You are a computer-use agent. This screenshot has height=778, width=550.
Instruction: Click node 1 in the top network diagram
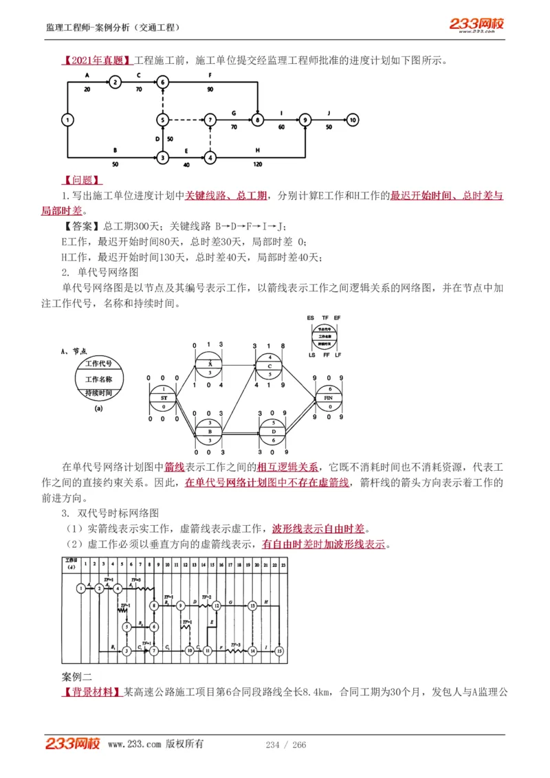(67, 120)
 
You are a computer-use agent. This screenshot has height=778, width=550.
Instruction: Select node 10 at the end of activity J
(353, 120)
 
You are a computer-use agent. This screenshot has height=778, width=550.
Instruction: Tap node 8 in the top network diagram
(257, 120)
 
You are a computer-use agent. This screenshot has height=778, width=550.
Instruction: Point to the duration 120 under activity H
(257, 165)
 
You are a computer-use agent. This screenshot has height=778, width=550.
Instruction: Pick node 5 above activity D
(162, 120)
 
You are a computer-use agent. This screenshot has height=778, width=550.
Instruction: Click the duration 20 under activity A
(87, 89)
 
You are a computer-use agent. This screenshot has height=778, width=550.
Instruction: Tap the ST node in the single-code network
(164, 397)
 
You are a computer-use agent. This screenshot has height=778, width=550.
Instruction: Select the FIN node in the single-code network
(329, 397)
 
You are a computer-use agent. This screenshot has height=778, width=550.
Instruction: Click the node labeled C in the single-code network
(270, 366)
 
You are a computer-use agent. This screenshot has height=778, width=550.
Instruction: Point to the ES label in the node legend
(311, 318)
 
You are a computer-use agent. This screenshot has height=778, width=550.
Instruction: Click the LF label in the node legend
(339, 355)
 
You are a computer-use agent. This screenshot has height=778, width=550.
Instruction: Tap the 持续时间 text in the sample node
(103, 393)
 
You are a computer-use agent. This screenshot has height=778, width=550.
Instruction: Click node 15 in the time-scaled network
(279, 650)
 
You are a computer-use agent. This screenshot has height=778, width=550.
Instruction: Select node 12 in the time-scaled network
(216, 605)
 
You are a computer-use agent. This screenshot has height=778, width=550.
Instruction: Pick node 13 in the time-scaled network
(252, 605)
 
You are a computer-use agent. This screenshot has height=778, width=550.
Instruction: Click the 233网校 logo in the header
(476, 25)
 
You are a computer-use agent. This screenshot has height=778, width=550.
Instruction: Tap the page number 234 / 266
(285, 745)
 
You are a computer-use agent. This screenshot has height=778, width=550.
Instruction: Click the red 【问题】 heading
(82, 180)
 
